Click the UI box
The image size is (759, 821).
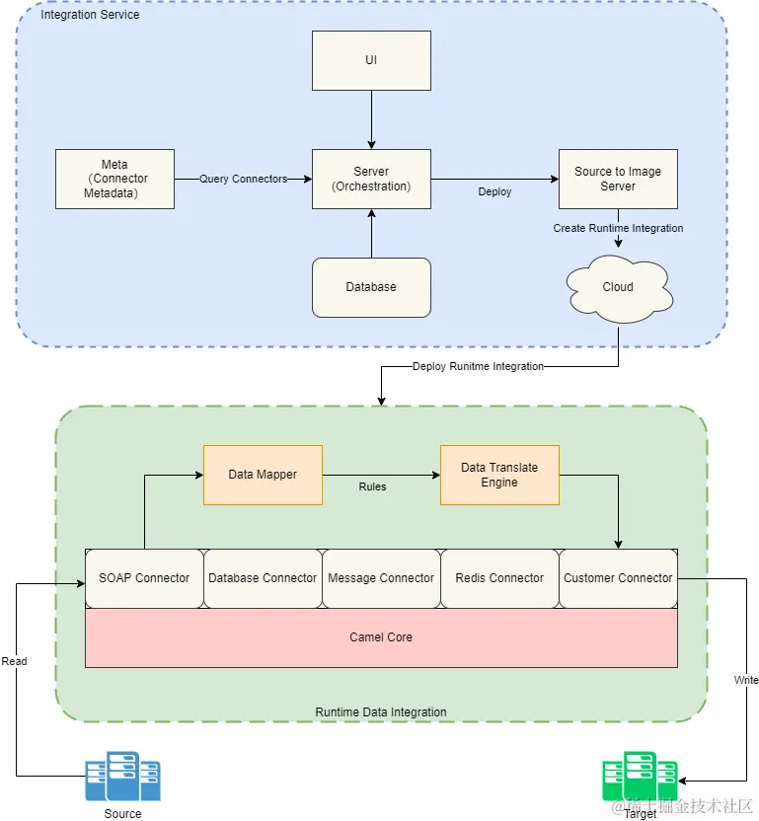tap(371, 60)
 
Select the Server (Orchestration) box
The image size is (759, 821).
tap(371, 179)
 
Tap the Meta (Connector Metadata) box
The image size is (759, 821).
tap(114, 179)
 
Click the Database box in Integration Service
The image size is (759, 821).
tap(371, 287)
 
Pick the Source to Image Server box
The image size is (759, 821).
tap(618, 179)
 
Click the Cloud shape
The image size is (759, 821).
tap(618, 287)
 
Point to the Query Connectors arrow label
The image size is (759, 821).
tap(243, 179)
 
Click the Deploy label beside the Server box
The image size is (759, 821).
tap(494, 191)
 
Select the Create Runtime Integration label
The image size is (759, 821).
tap(618, 228)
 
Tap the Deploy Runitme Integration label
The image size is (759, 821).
tap(478, 367)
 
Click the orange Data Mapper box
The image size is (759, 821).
tap(263, 475)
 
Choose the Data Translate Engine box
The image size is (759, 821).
tap(499, 475)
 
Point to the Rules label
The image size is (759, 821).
tap(372, 486)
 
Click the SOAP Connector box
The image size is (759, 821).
tap(144, 578)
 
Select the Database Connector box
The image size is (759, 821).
tap(263, 578)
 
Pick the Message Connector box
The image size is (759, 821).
tap(381, 578)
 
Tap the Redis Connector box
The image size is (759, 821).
tap(499, 578)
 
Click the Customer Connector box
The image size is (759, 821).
tap(618, 578)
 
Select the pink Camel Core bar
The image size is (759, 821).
tap(381, 637)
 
